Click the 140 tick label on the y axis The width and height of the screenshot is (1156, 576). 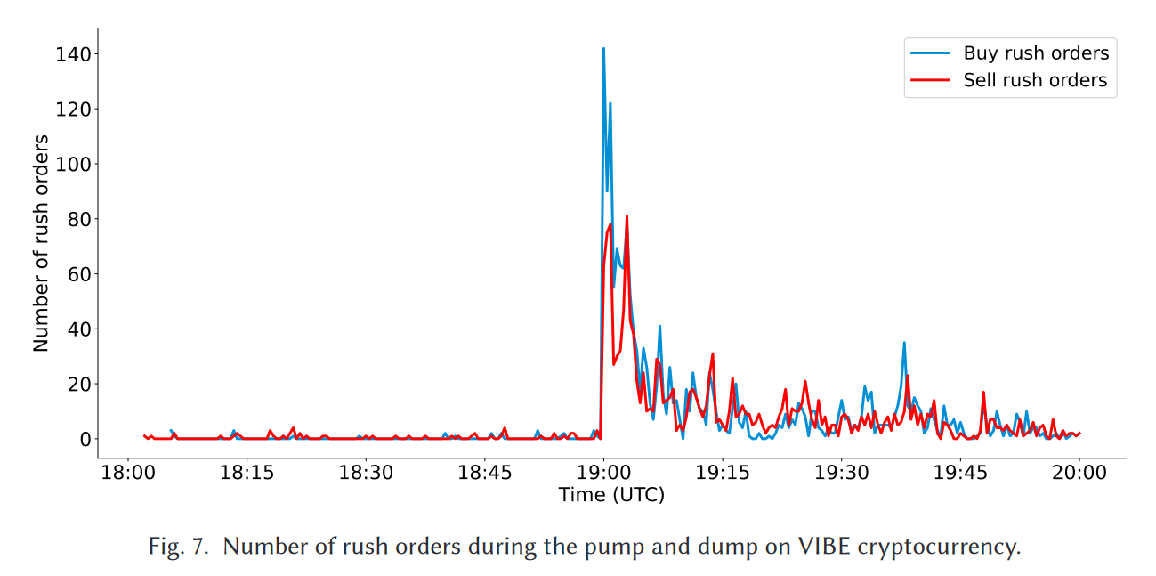pyautogui.click(x=73, y=54)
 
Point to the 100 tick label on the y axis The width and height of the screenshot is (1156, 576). pyautogui.click(x=73, y=165)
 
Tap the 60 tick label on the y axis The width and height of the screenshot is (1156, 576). pyautogui.click(x=77, y=274)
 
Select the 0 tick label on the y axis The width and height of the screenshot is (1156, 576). pyautogui.click(x=84, y=439)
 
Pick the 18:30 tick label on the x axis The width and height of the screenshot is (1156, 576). pyautogui.click(x=365, y=473)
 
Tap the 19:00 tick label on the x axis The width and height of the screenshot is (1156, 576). pyautogui.click(x=603, y=473)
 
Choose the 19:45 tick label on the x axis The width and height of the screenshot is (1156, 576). pyautogui.click(x=960, y=473)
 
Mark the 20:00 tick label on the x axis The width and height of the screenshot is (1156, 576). pyautogui.click(x=1079, y=473)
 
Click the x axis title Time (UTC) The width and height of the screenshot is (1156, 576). pyautogui.click(x=611, y=495)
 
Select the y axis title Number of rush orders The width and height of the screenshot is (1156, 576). pyautogui.click(x=41, y=243)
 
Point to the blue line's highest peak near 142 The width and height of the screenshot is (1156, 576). pyautogui.click(x=603, y=49)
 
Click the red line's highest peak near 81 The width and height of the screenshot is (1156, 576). pyautogui.click(x=627, y=216)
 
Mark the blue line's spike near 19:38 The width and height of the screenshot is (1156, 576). pyautogui.click(x=904, y=343)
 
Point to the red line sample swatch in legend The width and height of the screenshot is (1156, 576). pyautogui.click(x=930, y=80)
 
